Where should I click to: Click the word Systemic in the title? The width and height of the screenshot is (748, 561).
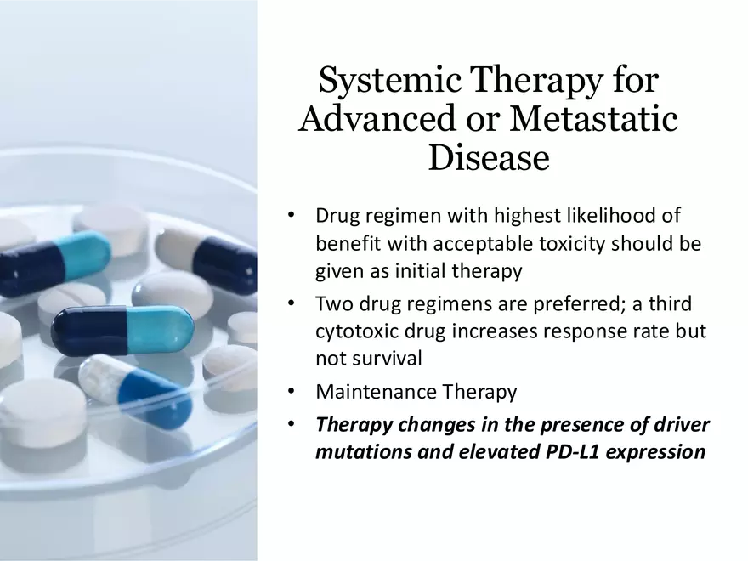pos(390,79)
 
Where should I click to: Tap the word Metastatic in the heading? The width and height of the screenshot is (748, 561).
pos(593,118)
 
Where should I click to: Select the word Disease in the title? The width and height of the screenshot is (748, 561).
pos(489,157)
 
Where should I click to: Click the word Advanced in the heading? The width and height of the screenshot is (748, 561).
pos(377,118)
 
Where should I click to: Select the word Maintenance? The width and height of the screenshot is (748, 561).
pos(376,392)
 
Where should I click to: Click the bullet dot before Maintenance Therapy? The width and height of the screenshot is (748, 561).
pos(292,392)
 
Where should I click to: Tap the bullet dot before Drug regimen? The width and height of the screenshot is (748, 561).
pos(292,215)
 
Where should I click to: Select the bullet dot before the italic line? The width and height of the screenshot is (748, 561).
pos(292,424)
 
